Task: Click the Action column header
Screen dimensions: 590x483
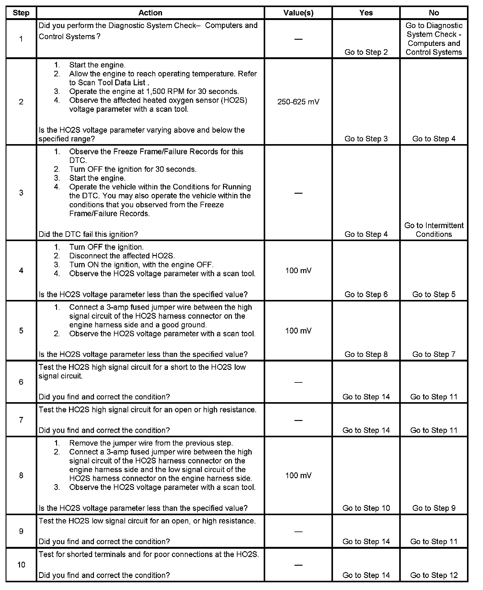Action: coord(150,13)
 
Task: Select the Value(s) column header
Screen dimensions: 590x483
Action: coord(298,13)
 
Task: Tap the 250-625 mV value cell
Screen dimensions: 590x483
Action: coord(298,102)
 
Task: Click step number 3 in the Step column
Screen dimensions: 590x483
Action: coord(21,193)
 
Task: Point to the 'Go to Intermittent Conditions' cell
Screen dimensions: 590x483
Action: coord(434,230)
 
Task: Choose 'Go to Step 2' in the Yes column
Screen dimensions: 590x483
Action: coord(366,52)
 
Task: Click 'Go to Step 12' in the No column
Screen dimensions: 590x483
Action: coord(434,575)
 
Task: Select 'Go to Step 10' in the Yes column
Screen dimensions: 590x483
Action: coord(366,508)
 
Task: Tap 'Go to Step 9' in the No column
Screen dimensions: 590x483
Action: coord(434,508)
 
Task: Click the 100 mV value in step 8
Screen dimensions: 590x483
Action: coord(298,475)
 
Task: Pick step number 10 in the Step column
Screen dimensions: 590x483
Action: coord(21,564)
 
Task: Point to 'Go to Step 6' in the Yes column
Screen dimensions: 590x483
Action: coord(366,294)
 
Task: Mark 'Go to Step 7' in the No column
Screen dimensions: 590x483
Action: coord(434,354)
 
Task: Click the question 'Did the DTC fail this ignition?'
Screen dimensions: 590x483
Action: coord(88,234)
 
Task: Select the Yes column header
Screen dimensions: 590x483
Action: coord(366,13)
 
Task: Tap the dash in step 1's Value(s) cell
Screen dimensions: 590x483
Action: coord(298,39)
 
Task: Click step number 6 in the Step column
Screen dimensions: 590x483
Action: coord(21,382)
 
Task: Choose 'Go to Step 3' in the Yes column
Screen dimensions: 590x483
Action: coord(366,139)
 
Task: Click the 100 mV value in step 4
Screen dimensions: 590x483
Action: coord(298,270)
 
